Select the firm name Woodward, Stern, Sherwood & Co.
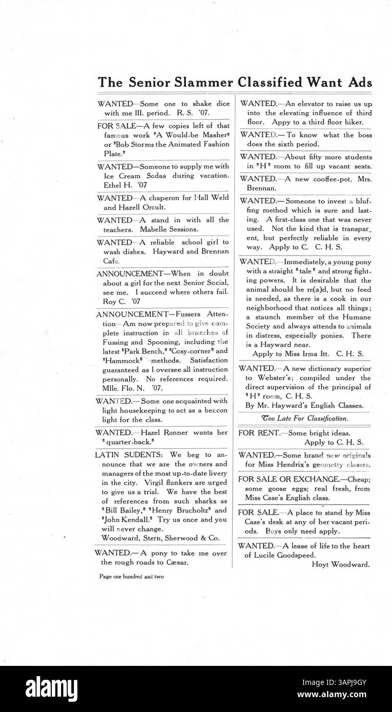click(x=160, y=538)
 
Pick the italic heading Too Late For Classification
click(x=304, y=418)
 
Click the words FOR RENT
click(x=259, y=433)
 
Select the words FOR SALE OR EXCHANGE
click(x=287, y=479)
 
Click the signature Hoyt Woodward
click(x=341, y=565)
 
